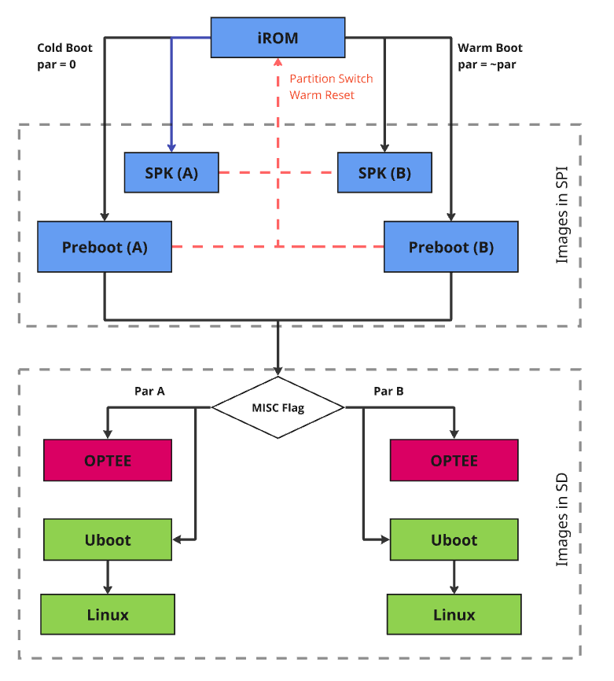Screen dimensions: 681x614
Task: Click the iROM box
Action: tap(278, 37)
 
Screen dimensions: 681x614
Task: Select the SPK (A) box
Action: tap(171, 173)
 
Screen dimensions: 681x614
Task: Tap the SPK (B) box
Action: tap(384, 173)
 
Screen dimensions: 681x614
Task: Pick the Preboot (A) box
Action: tap(105, 247)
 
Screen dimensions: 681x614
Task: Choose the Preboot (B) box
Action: tap(450, 247)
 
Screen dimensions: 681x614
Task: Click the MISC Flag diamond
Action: tap(278, 407)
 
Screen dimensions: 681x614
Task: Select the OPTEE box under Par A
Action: tap(108, 460)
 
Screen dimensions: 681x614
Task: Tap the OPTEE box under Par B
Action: tap(454, 460)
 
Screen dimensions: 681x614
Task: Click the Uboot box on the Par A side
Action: tap(108, 539)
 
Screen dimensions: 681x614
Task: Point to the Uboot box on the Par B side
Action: tap(454, 539)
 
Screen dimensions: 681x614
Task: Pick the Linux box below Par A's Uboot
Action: tap(108, 614)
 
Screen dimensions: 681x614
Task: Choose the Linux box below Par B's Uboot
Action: tap(454, 614)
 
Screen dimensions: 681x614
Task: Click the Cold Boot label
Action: tap(66, 48)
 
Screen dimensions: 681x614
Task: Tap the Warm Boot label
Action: tap(490, 48)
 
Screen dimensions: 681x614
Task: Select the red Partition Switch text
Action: tap(331, 79)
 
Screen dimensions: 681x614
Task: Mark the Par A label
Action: tap(149, 391)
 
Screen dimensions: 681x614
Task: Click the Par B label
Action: tap(388, 391)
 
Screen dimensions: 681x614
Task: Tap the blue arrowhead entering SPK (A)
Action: tap(172, 147)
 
